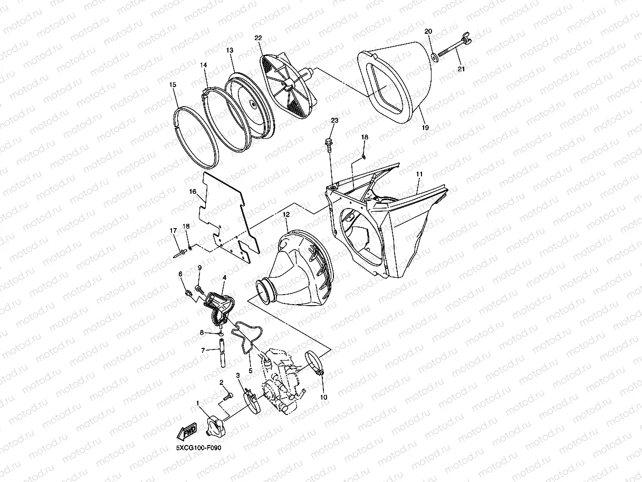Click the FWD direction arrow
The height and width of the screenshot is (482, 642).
(187, 431)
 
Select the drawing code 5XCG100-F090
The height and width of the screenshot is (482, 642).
(198, 448)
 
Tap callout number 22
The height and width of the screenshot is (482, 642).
(258, 38)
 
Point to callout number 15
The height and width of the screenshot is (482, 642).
(173, 84)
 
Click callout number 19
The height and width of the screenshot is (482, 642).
(425, 128)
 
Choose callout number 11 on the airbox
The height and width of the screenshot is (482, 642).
(419, 174)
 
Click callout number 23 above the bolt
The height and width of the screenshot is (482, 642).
(334, 120)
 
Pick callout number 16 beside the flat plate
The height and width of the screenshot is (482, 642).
(193, 192)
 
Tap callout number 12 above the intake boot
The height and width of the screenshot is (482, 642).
(286, 214)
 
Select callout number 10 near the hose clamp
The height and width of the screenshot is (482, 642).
(323, 397)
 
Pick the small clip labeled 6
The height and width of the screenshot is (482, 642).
(188, 292)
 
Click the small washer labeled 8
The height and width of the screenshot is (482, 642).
(222, 334)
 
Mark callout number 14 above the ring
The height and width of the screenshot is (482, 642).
(203, 65)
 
